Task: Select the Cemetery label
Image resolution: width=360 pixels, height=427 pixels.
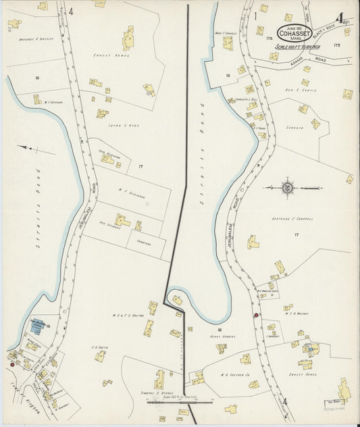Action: [138, 243]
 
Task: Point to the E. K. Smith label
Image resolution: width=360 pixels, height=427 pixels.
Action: [100, 347]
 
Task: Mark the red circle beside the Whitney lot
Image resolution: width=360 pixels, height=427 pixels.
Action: [255, 315]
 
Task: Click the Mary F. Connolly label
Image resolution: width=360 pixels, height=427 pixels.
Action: [225, 33]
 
